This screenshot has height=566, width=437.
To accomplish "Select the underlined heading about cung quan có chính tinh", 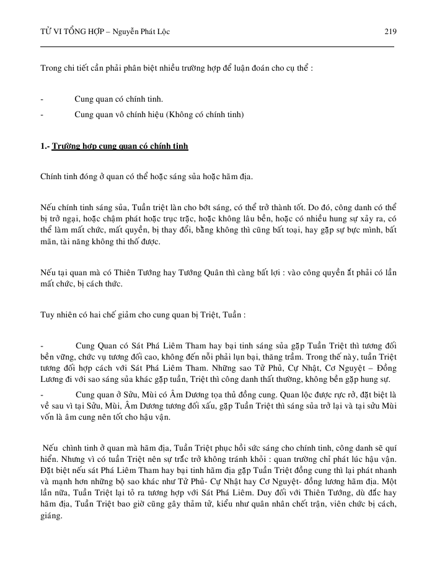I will [x=120, y=147].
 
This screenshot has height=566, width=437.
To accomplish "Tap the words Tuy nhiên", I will [x=59, y=314].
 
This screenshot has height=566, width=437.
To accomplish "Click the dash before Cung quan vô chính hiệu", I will [x=42, y=115].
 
